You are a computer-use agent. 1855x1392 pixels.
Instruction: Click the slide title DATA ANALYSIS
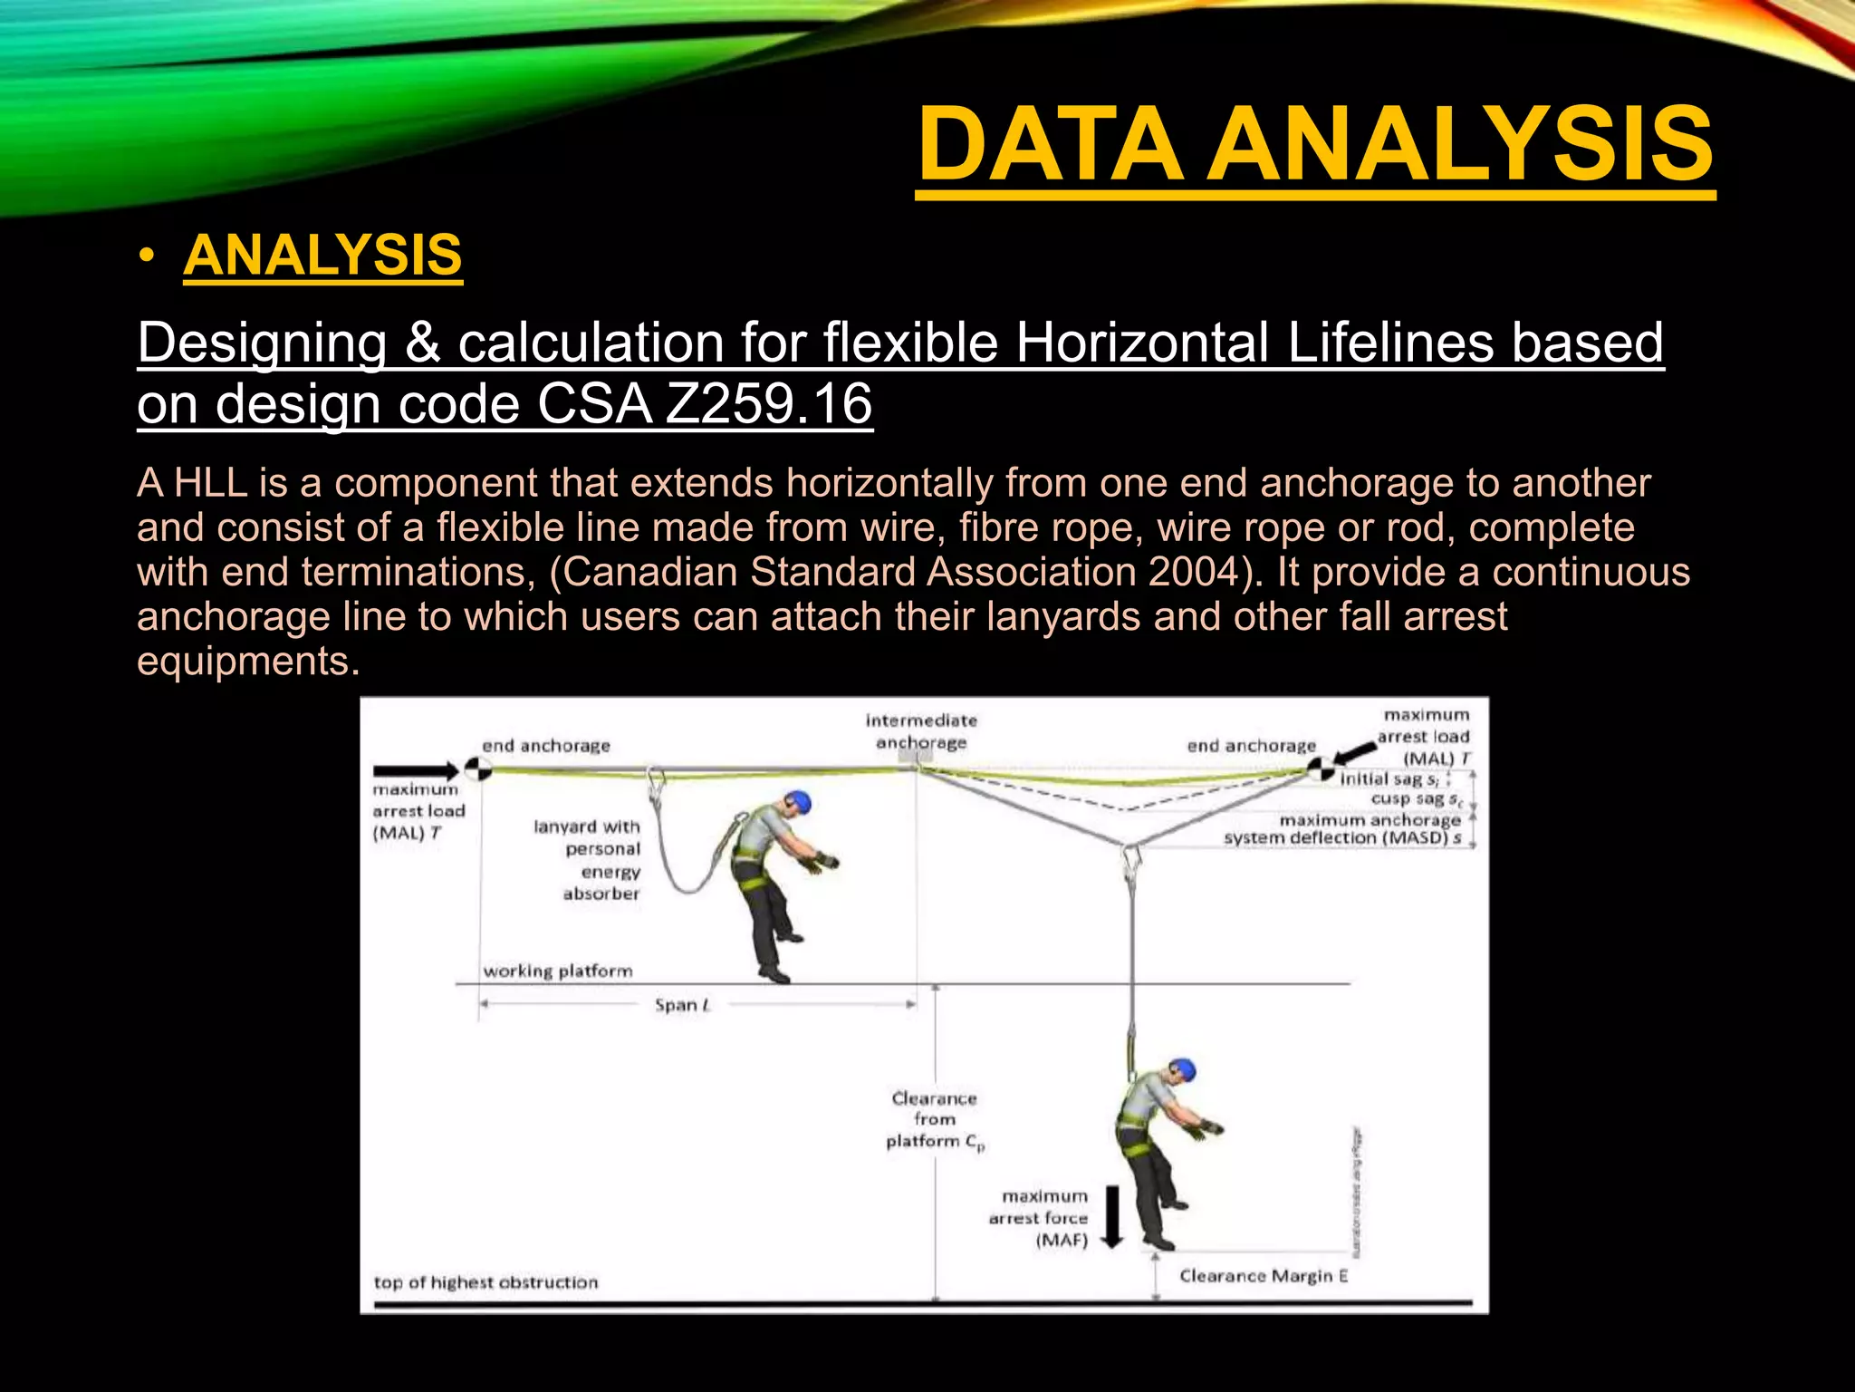[1314, 145]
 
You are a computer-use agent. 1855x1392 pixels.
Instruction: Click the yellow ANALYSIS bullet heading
[322, 256]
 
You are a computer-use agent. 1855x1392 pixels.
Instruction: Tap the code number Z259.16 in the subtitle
[768, 403]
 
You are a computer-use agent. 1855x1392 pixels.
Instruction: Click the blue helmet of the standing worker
[797, 801]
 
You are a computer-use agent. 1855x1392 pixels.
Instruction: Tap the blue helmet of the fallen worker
[1181, 1070]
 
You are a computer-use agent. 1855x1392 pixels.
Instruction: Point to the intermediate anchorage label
[921, 731]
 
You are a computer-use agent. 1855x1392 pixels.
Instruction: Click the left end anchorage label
[545, 746]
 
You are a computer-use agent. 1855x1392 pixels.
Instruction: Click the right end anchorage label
[1251, 746]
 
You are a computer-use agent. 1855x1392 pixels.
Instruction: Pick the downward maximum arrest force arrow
[1111, 1215]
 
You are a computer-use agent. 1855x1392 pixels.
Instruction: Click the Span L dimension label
[682, 1005]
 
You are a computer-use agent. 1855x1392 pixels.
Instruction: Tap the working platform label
[557, 971]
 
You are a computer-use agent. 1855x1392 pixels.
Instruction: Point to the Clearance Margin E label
[1263, 1276]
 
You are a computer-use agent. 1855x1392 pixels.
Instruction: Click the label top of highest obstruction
[485, 1282]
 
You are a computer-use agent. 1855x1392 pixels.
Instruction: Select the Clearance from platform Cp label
[935, 1120]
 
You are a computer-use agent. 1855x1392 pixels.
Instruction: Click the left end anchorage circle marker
[477, 769]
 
